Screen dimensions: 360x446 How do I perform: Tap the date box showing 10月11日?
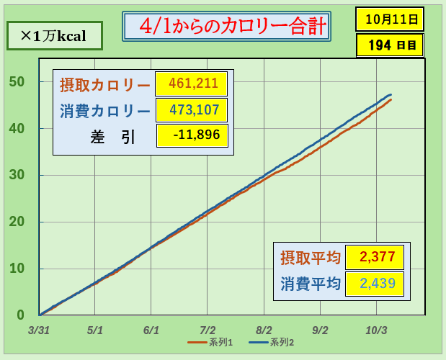click(389, 18)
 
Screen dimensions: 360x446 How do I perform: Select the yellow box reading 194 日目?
click(389, 45)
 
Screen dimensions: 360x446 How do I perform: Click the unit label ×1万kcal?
click(53, 35)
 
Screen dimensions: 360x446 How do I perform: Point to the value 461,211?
click(192, 84)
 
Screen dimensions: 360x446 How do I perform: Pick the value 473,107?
click(192, 110)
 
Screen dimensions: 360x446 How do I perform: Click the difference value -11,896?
click(192, 135)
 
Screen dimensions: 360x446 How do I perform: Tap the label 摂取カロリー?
click(105, 84)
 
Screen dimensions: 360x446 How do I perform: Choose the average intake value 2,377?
click(374, 257)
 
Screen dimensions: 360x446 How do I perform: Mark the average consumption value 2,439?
click(374, 283)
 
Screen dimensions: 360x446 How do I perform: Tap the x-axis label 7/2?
click(208, 330)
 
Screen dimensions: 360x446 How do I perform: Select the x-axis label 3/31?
click(39, 330)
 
